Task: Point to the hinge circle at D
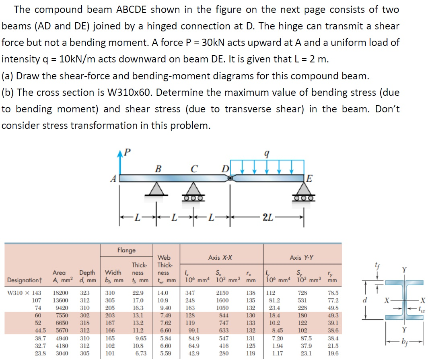(230, 178)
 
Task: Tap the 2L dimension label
(267, 218)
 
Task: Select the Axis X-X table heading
(220, 257)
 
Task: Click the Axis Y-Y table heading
(302, 257)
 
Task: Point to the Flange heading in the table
(126, 250)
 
